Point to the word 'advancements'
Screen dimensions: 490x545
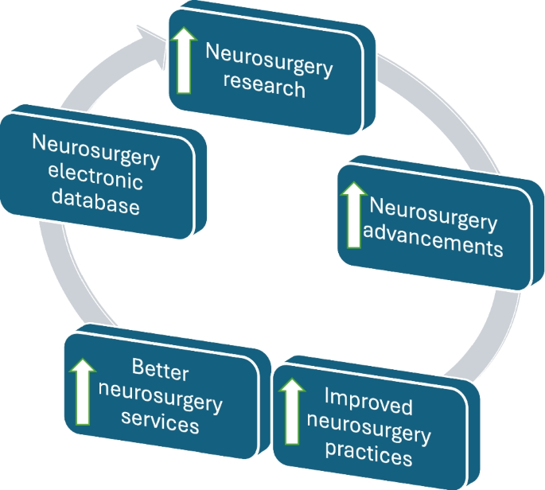point(434,244)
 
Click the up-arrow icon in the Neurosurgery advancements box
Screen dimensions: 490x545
point(352,212)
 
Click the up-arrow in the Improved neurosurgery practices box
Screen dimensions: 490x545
point(293,414)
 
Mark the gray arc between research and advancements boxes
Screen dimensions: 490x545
point(414,103)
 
